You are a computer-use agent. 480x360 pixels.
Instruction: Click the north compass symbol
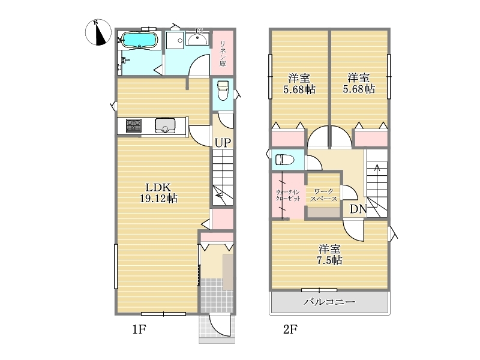click(98, 32)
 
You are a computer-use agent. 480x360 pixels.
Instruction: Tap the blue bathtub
click(140, 40)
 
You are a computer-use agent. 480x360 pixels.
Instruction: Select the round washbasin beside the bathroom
click(197, 40)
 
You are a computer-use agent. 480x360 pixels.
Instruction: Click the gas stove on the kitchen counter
click(134, 125)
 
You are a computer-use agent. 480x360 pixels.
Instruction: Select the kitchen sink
click(166, 125)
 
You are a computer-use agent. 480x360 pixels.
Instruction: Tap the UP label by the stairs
click(223, 142)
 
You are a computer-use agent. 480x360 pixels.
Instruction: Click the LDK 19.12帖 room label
click(158, 193)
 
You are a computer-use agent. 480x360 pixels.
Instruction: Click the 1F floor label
click(139, 329)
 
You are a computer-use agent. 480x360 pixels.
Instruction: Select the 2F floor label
click(290, 329)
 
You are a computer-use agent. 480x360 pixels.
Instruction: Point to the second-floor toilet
click(284, 160)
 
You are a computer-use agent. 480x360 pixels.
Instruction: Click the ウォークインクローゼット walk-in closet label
click(288, 195)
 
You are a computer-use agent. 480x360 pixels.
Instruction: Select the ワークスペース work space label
click(323, 195)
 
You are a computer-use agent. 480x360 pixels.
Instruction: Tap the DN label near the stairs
click(358, 209)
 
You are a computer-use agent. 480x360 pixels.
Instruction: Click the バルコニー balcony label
click(329, 302)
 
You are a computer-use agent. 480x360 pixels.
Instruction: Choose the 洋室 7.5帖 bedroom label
click(329, 254)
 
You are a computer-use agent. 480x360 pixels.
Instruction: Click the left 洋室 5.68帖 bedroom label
click(299, 83)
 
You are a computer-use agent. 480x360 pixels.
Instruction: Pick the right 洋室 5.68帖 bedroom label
click(358, 83)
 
